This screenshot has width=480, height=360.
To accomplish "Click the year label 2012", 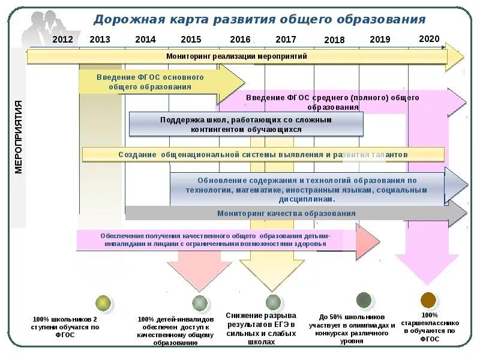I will [62, 40].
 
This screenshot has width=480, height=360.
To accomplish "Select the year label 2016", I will [240, 40].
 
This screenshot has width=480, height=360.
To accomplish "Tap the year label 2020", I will [429, 39].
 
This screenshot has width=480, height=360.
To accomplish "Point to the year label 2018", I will [334, 40].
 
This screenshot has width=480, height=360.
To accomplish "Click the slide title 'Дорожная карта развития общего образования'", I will [259, 19].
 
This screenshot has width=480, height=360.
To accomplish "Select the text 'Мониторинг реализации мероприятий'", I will [236, 56].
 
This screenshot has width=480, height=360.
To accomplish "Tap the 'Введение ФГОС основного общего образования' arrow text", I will [150, 82].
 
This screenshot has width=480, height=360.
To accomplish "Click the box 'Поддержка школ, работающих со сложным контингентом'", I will [245, 124].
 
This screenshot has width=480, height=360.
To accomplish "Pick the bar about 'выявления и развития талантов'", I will [263, 155].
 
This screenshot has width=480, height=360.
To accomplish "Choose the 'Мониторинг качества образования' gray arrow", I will [286, 213].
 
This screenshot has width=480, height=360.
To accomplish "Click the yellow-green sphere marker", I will [104, 303].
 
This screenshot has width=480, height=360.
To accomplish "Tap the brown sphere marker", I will [428, 300].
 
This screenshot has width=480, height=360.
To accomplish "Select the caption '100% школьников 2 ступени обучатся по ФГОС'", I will [65, 327].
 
